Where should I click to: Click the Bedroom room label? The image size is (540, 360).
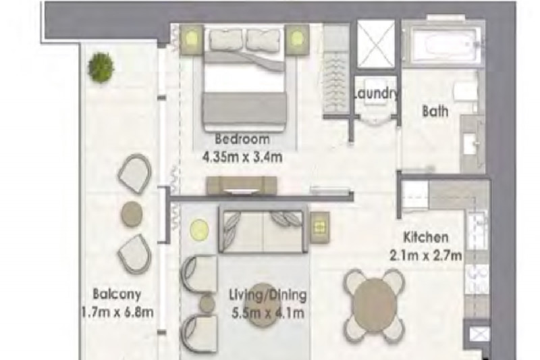pos(242,139)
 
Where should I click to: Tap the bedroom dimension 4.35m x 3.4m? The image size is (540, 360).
pos(242,157)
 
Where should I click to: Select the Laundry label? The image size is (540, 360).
pos(377,93)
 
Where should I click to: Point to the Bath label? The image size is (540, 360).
pos(435,111)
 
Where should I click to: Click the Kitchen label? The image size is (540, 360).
pos(426,237)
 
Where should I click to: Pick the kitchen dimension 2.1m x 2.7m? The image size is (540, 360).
pos(426,255)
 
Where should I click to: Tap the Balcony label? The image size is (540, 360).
pos(117,294)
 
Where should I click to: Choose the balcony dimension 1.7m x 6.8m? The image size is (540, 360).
pos(117,312)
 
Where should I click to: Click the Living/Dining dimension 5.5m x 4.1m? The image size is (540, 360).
pos(268,313)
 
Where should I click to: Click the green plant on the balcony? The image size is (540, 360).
pos(101,67)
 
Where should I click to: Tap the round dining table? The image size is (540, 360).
pos(375,305)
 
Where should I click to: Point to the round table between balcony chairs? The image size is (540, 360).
pos(132,213)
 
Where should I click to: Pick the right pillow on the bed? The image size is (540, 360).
pos(264,39)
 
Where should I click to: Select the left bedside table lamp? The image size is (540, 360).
pos(192,38)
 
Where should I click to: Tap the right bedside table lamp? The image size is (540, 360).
pos(296,38)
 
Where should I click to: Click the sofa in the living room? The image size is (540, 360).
pos(263,230)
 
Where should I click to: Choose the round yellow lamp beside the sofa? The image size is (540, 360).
pos(199,230)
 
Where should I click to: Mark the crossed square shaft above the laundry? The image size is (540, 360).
pos(376,44)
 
